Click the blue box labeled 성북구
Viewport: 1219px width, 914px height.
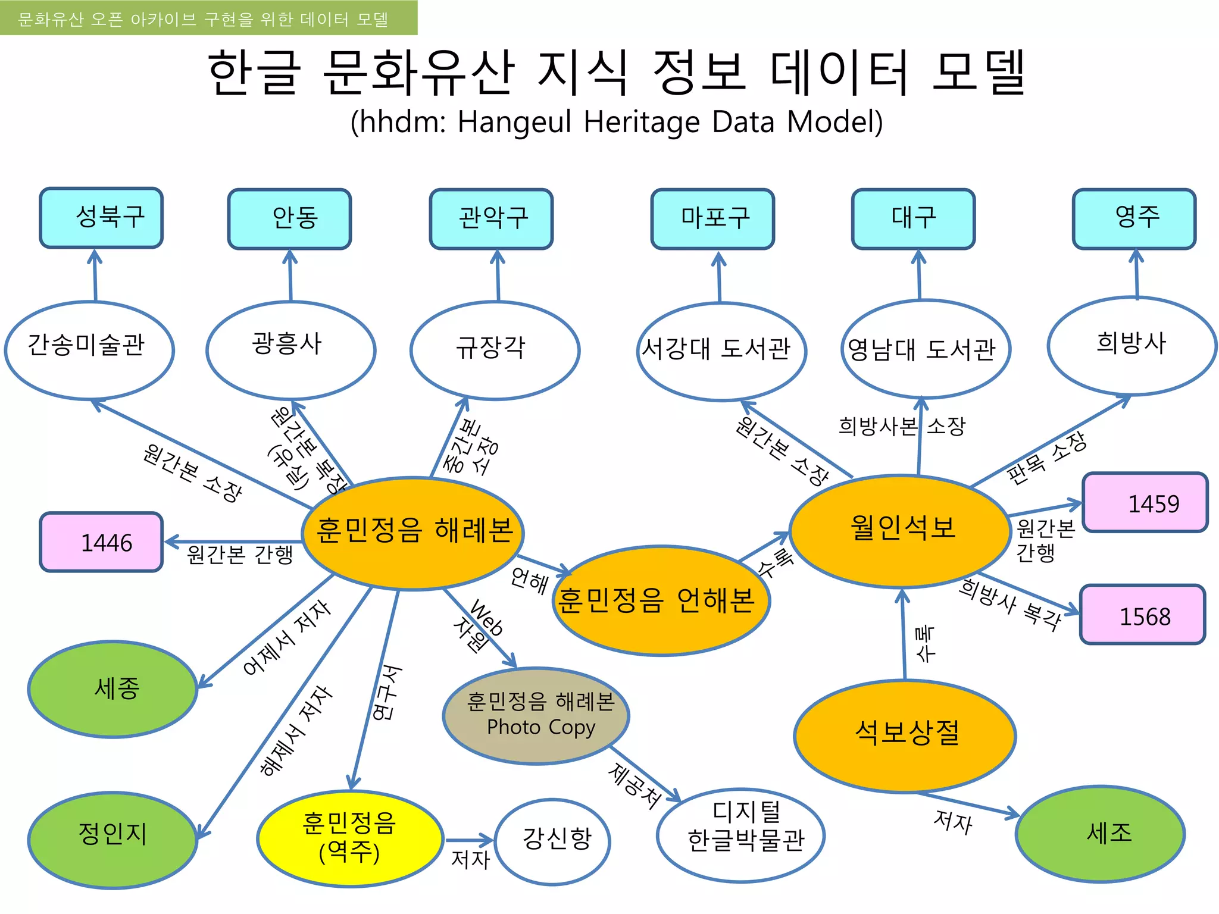pos(101,218)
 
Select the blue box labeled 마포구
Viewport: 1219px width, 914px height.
pos(712,219)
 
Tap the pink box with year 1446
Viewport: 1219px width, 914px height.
pos(101,542)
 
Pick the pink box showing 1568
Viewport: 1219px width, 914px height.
pos(1142,615)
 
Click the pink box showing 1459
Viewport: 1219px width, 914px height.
pos(1145,503)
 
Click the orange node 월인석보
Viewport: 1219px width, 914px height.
pos(901,530)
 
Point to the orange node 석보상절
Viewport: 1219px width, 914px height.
pos(905,735)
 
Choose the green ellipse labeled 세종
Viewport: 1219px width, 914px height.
pos(113,689)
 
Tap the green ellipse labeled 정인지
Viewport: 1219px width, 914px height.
pos(113,839)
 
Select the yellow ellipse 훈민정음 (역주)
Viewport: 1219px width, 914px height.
pos(349,838)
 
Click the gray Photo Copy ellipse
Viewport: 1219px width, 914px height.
pos(536,716)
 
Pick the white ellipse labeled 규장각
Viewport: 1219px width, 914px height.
pos(494,349)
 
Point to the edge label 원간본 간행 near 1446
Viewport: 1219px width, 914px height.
pos(240,555)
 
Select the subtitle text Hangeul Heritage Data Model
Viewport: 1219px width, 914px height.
pos(616,122)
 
